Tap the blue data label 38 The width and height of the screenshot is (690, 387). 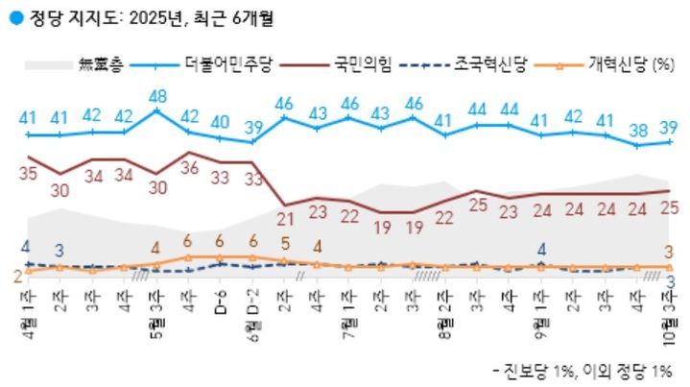pyautogui.click(x=638, y=131)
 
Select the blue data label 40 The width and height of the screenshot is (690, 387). pyautogui.click(x=221, y=122)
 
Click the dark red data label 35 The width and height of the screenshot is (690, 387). pyautogui.click(x=28, y=174)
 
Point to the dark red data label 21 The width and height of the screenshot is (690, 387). pyautogui.click(x=285, y=220)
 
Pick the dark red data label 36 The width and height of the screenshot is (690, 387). pyautogui.click(x=188, y=167)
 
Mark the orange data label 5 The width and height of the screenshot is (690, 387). pyautogui.click(x=285, y=242)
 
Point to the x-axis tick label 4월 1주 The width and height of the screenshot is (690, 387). pyautogui.click(x=28, y=309)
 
